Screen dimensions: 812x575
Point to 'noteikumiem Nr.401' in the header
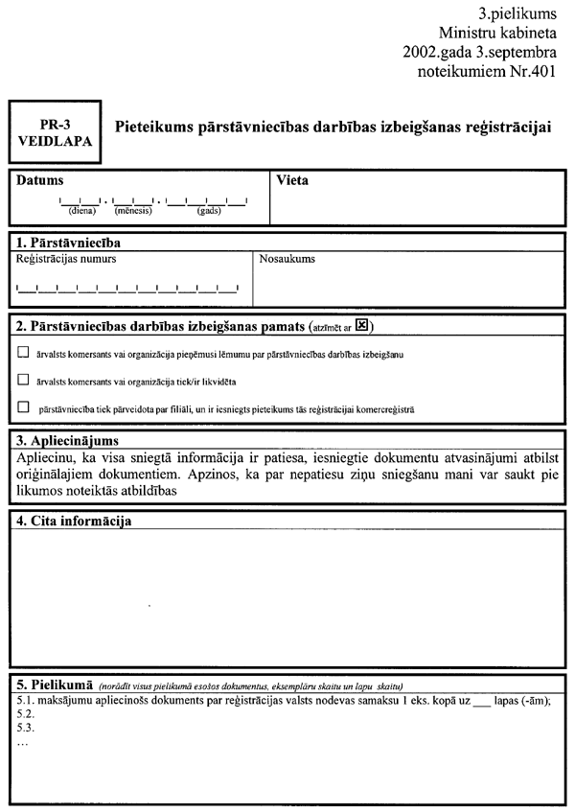click(487, 72)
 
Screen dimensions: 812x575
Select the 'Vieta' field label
click(292, 179)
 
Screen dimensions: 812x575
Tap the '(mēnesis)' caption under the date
click(134, 211)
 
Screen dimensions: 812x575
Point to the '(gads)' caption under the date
click(209, 211)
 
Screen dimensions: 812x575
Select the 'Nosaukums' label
click(287, 259)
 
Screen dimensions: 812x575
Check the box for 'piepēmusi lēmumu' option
click(23, 353)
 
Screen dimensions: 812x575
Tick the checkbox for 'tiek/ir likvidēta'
click(23, 380)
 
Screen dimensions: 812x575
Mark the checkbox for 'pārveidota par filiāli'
click(23, 407)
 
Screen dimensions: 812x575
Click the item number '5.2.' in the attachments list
click(26, 714)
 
